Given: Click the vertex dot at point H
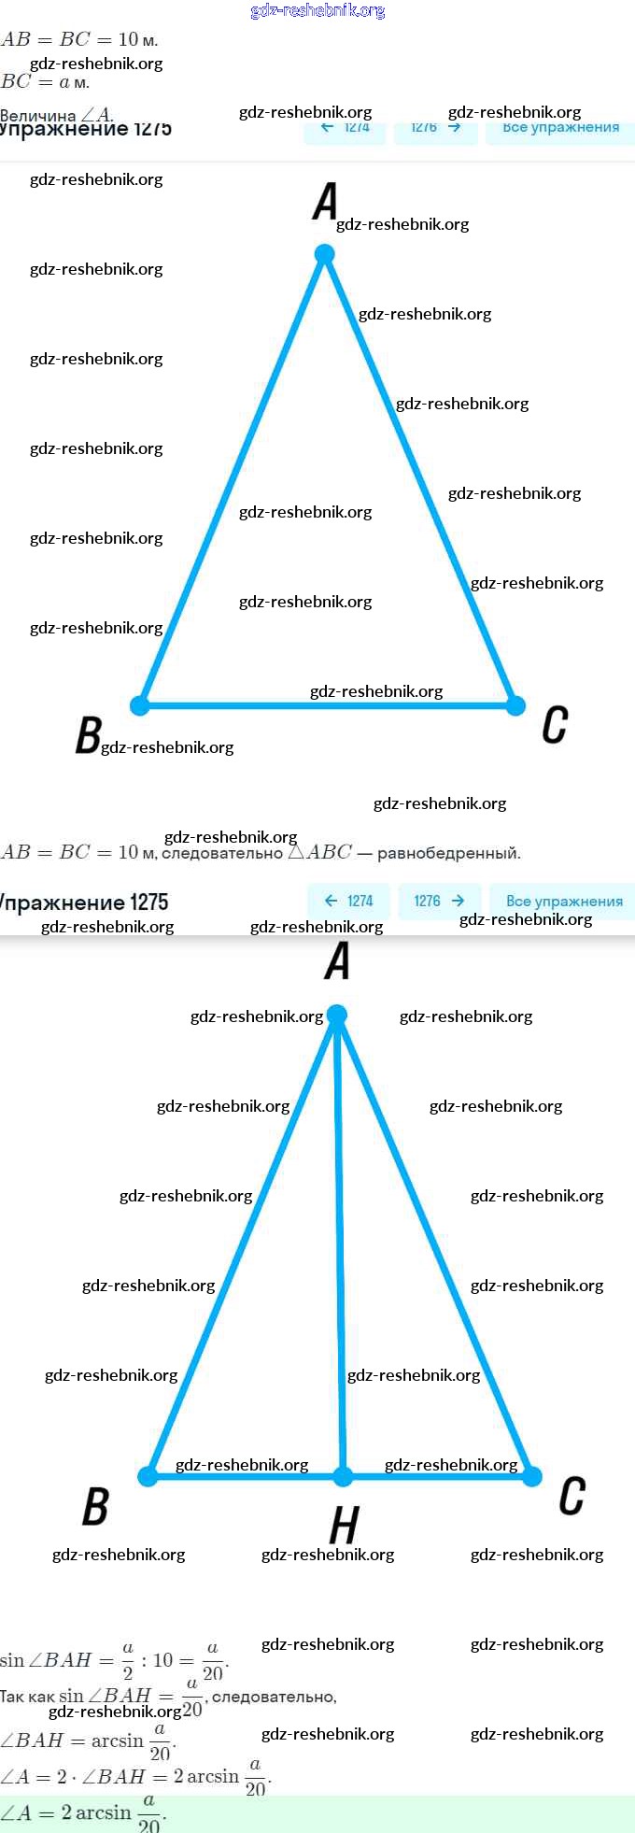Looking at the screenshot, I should coord(343,1476).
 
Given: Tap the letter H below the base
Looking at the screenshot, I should coord(344,1526).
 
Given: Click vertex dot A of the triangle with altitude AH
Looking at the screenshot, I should coord(337,1015).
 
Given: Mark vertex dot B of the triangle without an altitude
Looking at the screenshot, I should coord(140,705).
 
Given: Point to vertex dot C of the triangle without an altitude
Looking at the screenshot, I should coord(515,705).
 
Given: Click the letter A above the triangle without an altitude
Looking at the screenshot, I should coord(325,201).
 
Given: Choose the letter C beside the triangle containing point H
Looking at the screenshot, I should coord(571,1496).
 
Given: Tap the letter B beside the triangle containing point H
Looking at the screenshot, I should coord(95,1506).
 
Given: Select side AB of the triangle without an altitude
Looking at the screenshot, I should coord(232,480).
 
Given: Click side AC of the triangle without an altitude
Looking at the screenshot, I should coord(420,480).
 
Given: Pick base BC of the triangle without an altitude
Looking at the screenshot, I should coord(327,705).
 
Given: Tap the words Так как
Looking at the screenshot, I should coord(27,1697).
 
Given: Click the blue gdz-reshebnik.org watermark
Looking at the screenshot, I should coord(317,11).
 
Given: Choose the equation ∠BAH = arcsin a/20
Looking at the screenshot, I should coord(88,1741).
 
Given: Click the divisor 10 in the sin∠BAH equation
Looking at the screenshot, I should coord(163,1660).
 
